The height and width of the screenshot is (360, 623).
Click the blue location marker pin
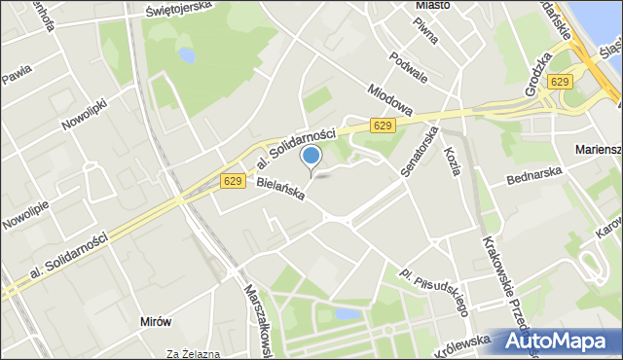tap(311, 156)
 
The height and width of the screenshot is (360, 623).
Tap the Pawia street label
tap(16, 71)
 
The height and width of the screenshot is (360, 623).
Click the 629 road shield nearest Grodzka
tap(559, 82)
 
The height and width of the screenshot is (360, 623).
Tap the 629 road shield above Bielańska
tap(232, 181)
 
